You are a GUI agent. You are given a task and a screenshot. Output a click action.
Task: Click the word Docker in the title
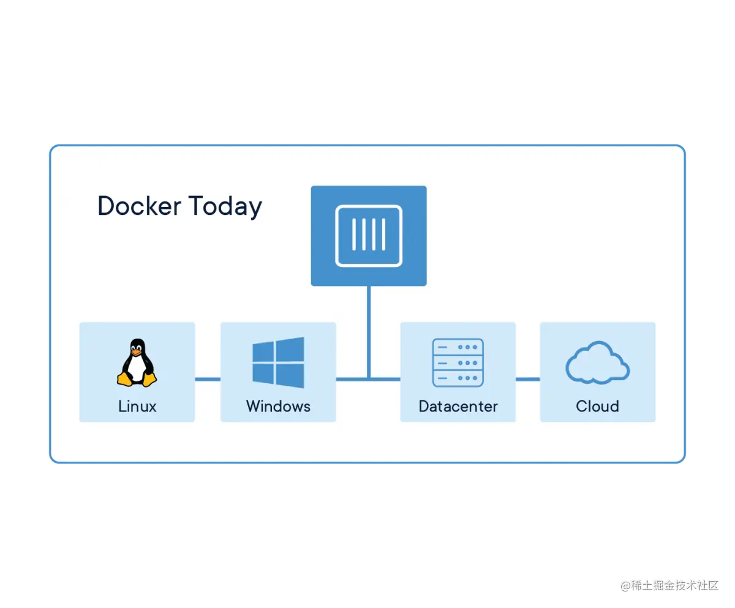pos(140,206)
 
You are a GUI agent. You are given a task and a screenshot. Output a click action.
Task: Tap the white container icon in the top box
pos(369,236)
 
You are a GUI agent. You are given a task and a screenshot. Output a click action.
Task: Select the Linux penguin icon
pos(137,362)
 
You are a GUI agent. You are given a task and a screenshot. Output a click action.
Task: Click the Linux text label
pos(137,406)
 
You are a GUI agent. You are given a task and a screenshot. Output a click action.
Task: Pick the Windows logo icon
pos(278,362)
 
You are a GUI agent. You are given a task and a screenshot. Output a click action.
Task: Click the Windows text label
pos(278,406)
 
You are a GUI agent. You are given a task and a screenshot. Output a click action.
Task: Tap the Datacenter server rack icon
pos(458,362)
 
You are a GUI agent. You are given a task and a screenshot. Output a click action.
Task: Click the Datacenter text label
pos(458,406)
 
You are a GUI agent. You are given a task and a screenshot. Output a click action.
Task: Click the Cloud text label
pos(597,406)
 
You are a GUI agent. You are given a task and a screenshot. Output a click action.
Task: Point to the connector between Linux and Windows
pos(208,379)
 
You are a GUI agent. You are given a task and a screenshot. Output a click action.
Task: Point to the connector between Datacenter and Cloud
pos(527,379)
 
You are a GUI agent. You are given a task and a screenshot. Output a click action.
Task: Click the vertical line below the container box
pos(369,331)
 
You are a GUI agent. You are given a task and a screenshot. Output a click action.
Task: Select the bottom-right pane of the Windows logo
pos(290,375)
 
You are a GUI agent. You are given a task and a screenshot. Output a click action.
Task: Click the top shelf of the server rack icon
pos(458,347)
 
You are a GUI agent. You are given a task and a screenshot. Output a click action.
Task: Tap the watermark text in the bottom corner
pos(669,585)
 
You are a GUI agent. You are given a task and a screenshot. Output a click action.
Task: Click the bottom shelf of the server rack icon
pos(458,378)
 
